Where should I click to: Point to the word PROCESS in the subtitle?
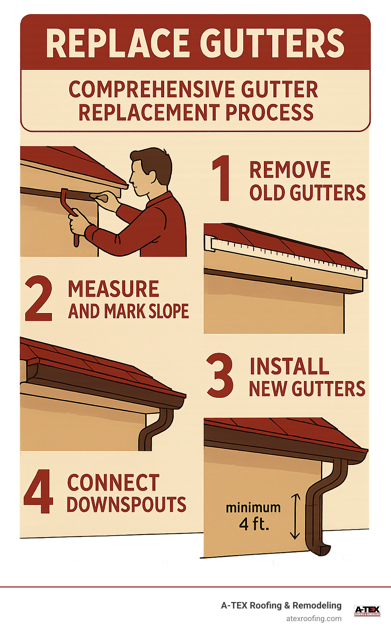(x=270, y=113)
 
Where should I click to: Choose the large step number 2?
(x=39, y=299)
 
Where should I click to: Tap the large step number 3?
(x=220, y=376)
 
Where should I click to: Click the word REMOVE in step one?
(x=290, y=170)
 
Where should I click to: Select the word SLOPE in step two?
(x=168, y=311)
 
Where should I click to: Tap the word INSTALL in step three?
(x=289, y=366)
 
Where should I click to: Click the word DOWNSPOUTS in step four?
(x=126, y=505)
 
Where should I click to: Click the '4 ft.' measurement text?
(x=254, y=524)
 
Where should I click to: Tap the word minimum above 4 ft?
(x=253, y=508)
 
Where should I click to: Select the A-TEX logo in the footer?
(x=367, y=611)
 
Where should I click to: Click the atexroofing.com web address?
(x=313, y=618)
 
